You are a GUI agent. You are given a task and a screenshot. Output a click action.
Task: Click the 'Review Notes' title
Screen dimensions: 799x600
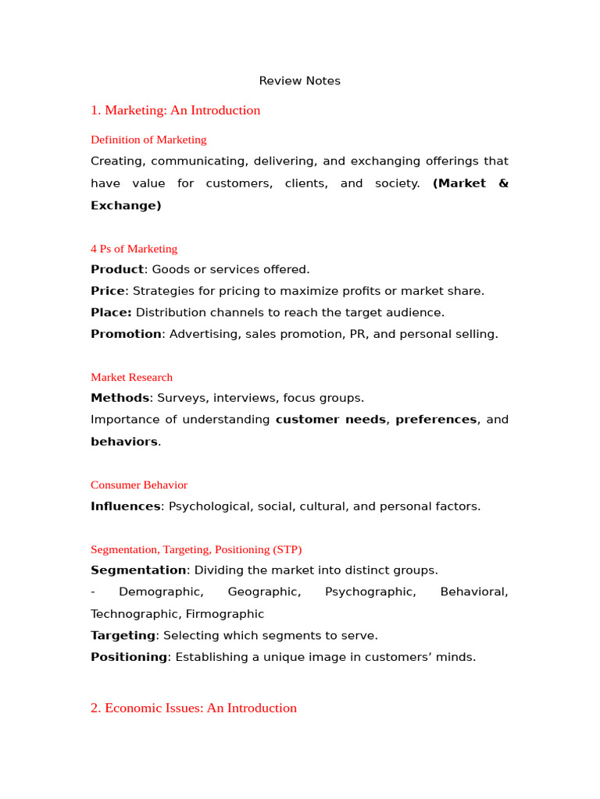click(x=300, y=81)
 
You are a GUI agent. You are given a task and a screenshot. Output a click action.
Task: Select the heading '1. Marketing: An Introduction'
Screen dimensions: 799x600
click(x=175, y=110)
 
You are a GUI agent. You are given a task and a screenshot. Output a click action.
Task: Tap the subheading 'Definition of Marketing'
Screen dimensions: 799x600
click(x=148, y=140)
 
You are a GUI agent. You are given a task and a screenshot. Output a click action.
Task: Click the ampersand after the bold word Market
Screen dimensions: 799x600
click(x=503, y=183)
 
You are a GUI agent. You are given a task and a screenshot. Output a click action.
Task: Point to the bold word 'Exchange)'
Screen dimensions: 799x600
click(x=126, y=205)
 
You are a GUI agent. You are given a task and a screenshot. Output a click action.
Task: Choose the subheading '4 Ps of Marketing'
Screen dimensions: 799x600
click(x=134, y=249)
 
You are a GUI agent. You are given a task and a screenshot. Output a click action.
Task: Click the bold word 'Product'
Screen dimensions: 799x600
click(x=117, y=269)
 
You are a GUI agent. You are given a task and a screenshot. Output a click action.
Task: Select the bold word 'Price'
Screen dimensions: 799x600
click(x=108, y=291)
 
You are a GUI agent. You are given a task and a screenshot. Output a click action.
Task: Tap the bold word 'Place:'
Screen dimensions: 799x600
click(x=111, y=312)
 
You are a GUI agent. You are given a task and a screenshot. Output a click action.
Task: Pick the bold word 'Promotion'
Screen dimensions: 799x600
click(x=126, y=334)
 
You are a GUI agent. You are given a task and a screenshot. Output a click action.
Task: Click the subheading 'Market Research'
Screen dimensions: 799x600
click(x=131, y=377)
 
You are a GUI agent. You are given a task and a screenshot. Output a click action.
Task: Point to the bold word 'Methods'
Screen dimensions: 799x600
click(x=120, y=398)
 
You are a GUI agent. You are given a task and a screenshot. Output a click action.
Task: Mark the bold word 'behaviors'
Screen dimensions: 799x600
click(x=124, y=442)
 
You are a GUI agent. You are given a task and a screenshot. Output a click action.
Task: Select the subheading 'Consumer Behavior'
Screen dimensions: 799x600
click(x=139, y=485)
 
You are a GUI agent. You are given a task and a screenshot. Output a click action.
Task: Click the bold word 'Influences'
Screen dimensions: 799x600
click(x=126, y=506)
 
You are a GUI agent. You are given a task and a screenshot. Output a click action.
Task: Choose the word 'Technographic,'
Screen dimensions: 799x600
click(x=135, y=614)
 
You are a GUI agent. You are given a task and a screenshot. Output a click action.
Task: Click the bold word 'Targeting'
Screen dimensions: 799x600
click(x=123, y=636)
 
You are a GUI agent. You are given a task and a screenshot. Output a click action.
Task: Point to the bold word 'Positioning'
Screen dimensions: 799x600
click(x=129, y=657)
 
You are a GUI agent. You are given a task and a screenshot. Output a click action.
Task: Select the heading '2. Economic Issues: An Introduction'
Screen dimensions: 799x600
click(x=194, y=708)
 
